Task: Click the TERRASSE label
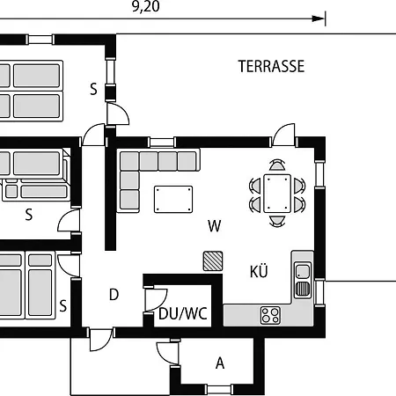271,66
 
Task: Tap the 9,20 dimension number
146,6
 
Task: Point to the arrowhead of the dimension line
318,18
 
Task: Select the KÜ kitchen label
259,271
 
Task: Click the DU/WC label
183,313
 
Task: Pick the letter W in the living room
215,226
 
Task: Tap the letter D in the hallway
114,295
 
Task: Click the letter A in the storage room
220,363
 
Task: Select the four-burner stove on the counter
270,315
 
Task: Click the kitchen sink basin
303,271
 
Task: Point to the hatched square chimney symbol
213,260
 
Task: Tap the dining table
277,194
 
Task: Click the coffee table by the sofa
173,199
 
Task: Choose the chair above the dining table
277,165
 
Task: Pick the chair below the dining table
277,221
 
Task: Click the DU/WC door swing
157,299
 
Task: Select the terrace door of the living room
283,135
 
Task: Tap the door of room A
168,353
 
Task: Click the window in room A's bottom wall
220,389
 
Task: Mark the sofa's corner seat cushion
129,161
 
